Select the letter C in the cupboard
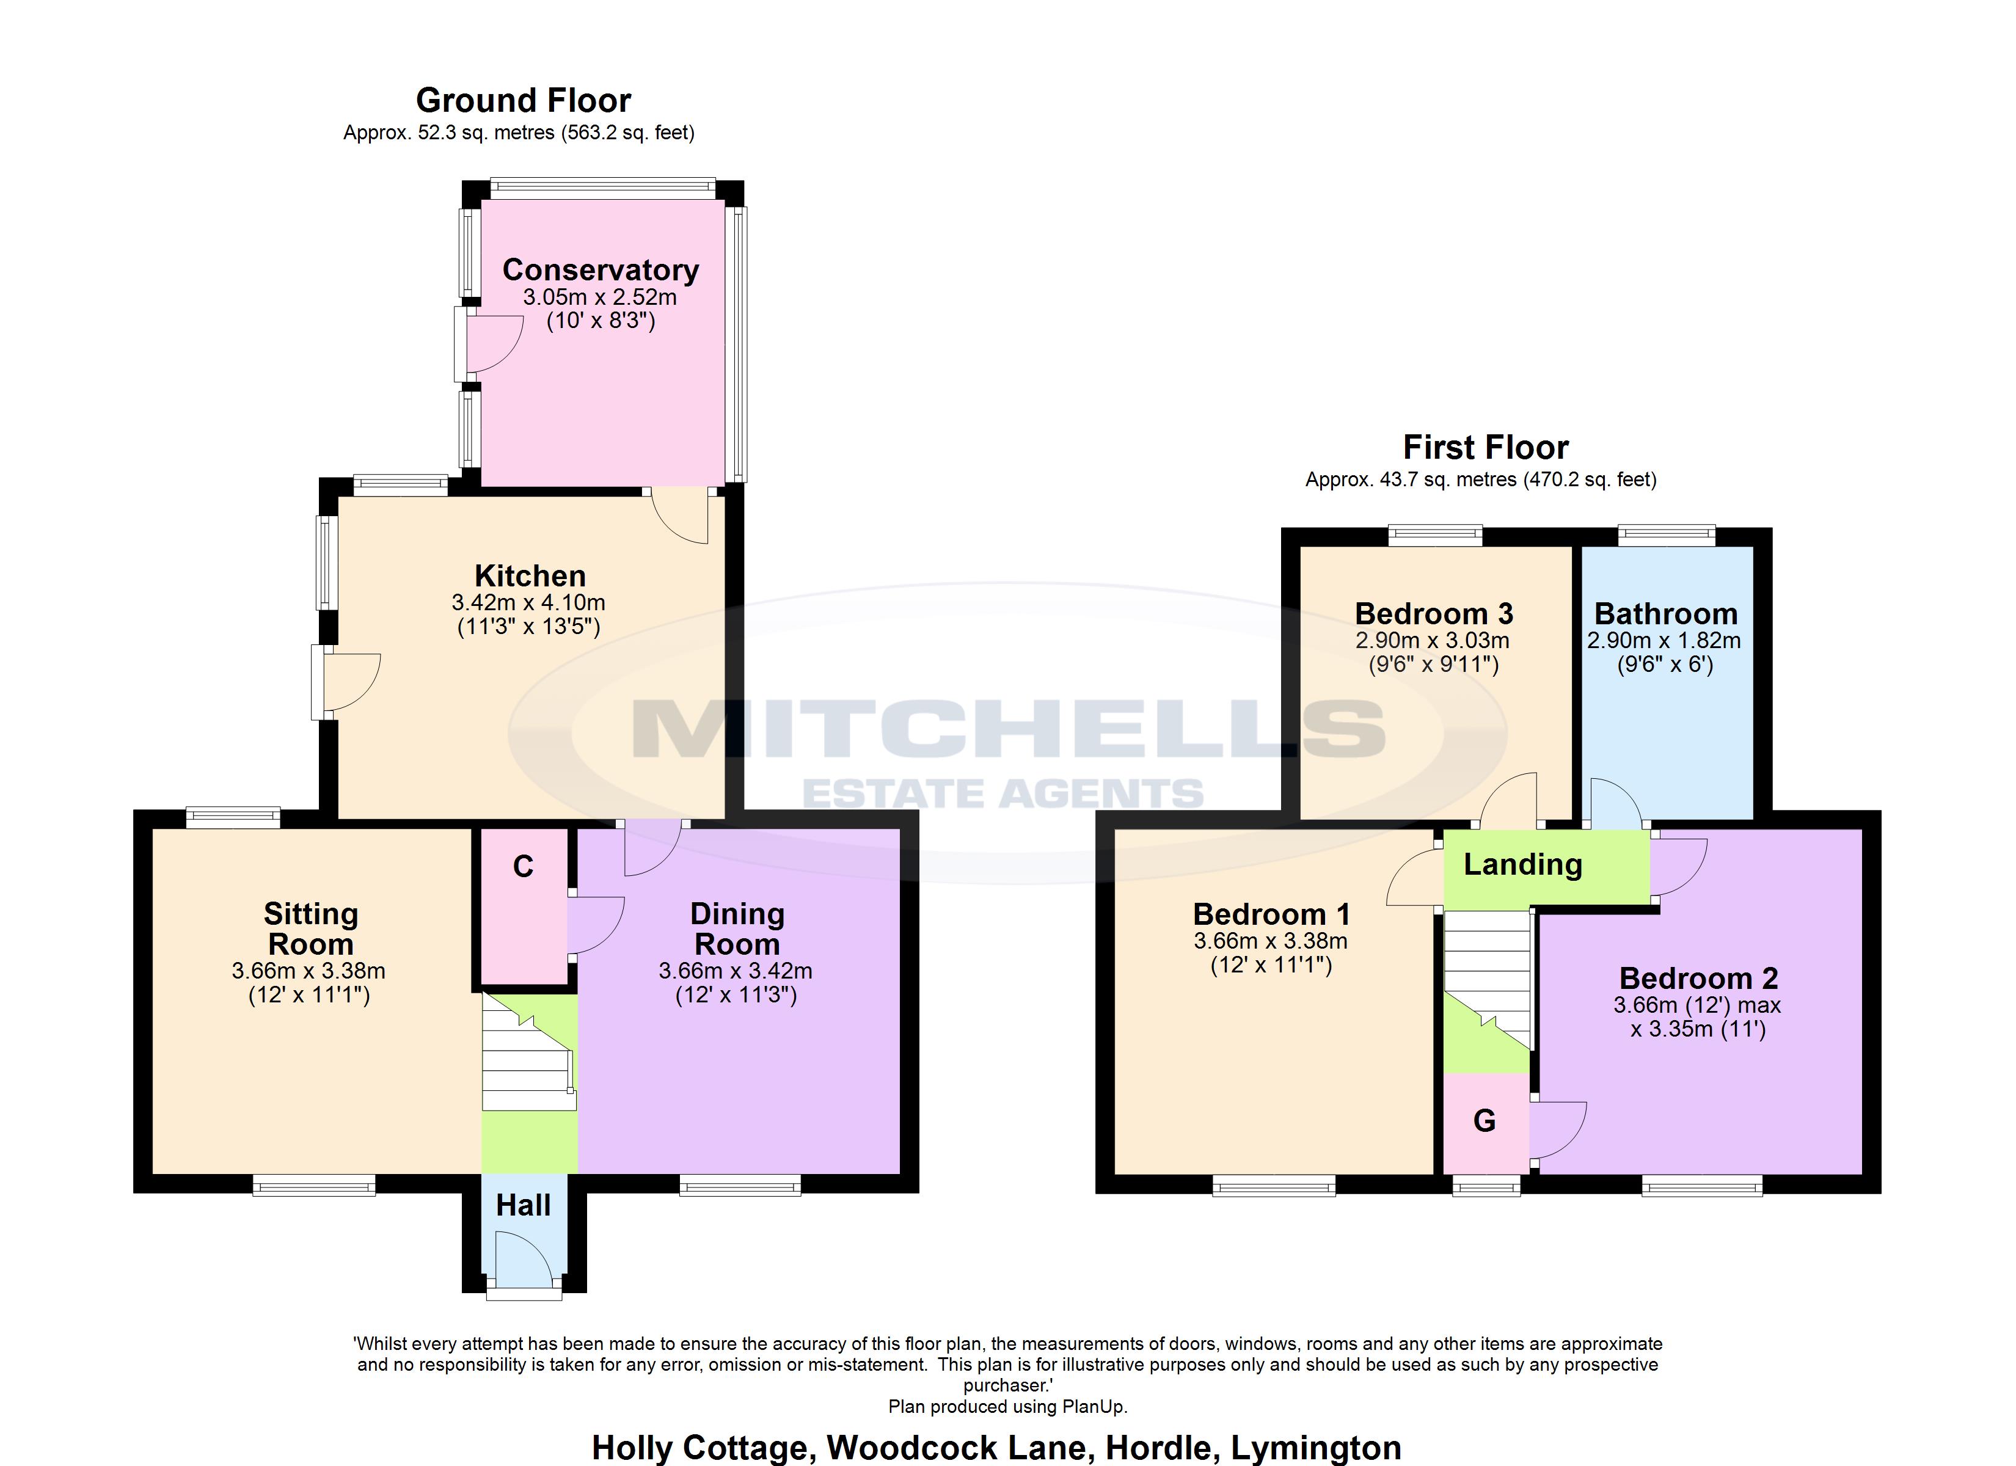tap(523, 867)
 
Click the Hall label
tap(523, 1206)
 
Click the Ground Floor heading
tap(523, 100)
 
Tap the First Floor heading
tap(1485, 447)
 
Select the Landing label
tap(1522, 864)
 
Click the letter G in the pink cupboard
tap(1485, 1121)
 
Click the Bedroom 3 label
tap(1433, 613)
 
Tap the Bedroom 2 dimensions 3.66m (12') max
tap(1697, 1005)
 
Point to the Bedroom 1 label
tap(1271, 914)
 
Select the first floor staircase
tap(1486, 969)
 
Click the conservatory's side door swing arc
tap(494, 342)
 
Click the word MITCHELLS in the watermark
tap(1007, 729)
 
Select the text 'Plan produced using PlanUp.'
tap(1007, 1406)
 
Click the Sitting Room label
tap(310, 928)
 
